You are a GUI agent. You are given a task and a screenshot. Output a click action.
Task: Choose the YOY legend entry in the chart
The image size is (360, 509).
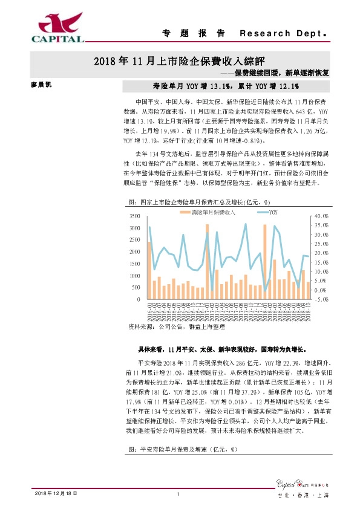[x=266, y=212]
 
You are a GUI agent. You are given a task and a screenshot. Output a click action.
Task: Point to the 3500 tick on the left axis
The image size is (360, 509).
[x=137, y=216]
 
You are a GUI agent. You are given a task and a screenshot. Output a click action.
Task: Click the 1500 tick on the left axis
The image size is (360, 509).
[x=137, y=264]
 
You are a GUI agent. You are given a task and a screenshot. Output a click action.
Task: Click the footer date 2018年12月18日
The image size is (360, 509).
[x=54, y=494]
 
